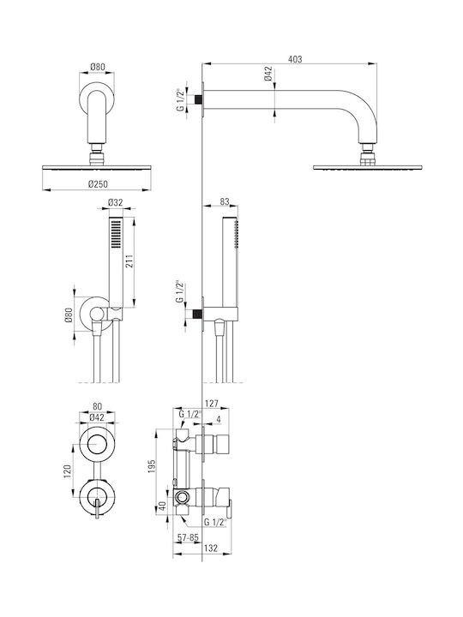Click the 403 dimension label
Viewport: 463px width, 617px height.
click(x=295, y=59)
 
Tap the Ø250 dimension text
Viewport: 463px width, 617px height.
click(x=98, y=183)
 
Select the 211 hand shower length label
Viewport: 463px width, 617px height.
click(x=129, y=261)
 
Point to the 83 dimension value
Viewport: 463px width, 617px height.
click(x=225, y=201)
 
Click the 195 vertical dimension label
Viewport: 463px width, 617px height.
click(x=153, y=466)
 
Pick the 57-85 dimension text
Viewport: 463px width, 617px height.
click(x=188, y=537)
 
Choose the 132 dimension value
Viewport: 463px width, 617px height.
click(x=211, y=548)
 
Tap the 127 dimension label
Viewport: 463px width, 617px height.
click(x=212, y=404)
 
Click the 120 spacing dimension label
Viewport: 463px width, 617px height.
click(x=67, y=472)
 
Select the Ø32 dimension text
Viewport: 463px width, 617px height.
click(x=116, y=202)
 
